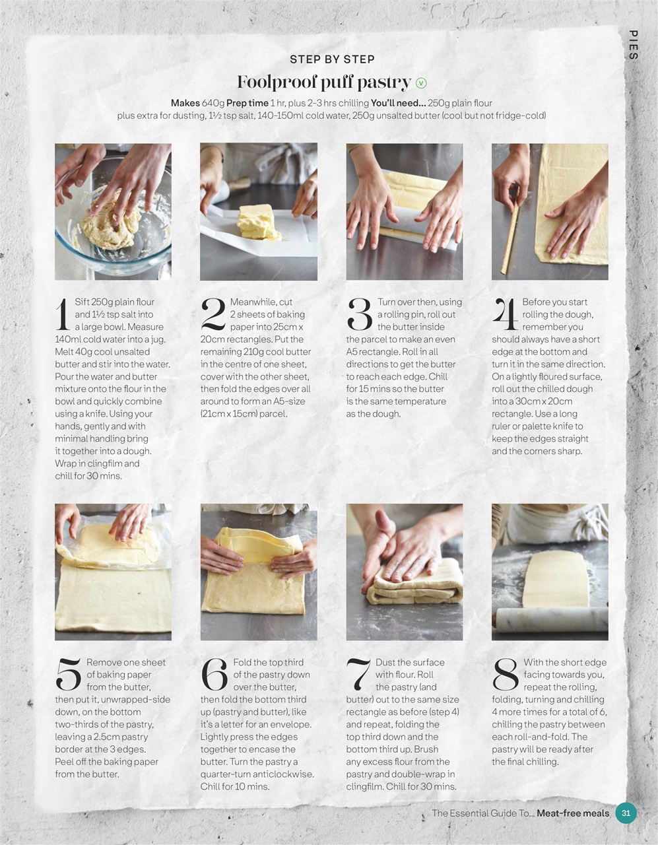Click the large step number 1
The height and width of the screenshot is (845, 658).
click(63, 314)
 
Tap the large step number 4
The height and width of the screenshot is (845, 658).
click(505, 314)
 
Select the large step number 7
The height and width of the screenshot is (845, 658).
click(358, 675)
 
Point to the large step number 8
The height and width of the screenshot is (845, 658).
click(506, 675)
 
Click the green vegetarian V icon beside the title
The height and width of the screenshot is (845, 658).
click(421, 83)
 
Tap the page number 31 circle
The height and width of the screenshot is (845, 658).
click(626, 813)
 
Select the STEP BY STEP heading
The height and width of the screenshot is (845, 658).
click(332, 59)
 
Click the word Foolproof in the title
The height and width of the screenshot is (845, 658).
click(277, 83)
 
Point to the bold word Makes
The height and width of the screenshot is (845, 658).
click(185, 103)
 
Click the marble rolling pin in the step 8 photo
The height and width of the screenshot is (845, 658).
click(551, 619)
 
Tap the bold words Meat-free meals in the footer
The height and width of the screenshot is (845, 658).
click(572, 813)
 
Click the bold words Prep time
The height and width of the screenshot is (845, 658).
click(247, 103)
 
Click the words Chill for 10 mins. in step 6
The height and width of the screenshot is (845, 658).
click(235, 786)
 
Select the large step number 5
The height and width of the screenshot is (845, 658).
click(68, 675)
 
